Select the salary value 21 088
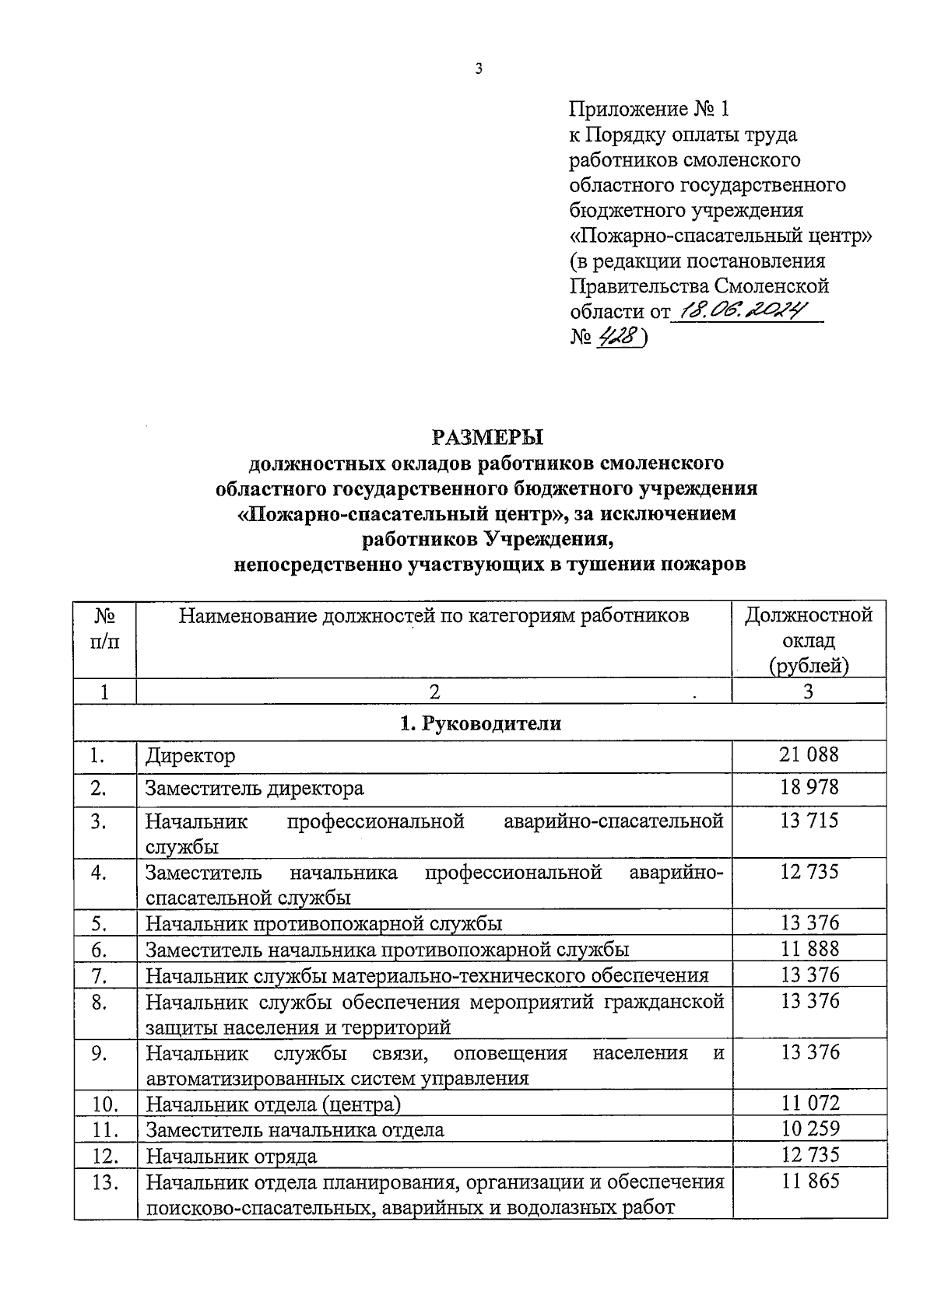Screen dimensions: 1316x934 [x=809, y=754]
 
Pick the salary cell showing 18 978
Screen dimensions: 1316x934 [x=809, y=787]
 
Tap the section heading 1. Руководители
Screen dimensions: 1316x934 [x=480, y=723]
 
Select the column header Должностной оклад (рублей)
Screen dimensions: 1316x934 [x=809, y=640]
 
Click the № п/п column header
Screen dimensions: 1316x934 [x=105, y=629]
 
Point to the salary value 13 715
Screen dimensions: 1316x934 [x=809, y=821]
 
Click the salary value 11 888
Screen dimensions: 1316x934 [x=809, y=948]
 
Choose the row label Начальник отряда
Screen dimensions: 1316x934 [x=232, y=1156]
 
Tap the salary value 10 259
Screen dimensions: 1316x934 [x=809, y=1129]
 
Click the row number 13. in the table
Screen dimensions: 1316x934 [x=105, y=1182]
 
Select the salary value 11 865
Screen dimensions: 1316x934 [x=809, y=1181]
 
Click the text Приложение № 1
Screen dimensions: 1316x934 [x=651, y=109]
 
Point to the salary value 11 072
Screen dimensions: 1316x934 [x=809, y=1103]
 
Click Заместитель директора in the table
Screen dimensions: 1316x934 [x=255, y=788]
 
